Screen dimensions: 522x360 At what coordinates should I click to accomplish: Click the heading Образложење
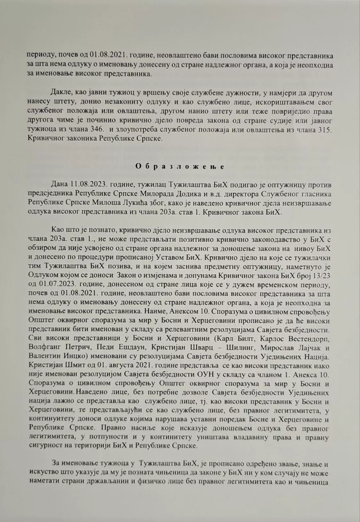pos(180,167)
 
